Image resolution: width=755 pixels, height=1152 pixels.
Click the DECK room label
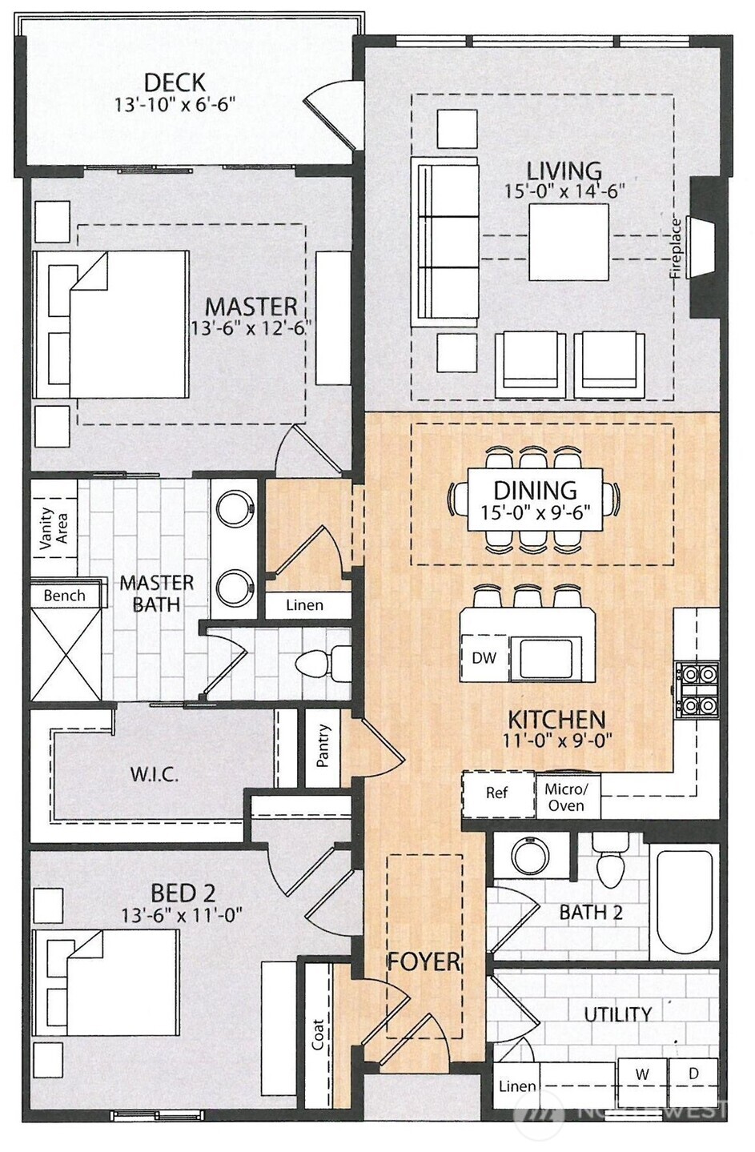point(175,82)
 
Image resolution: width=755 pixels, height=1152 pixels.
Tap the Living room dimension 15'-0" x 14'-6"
point(564,191)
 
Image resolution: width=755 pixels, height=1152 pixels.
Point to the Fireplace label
point(677,247)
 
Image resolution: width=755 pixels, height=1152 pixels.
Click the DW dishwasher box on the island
point(484,658)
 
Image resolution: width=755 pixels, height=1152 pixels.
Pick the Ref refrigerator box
point(497,793)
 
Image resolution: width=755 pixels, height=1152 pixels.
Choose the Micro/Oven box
point(566,797)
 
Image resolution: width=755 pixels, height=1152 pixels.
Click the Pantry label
point(323,746)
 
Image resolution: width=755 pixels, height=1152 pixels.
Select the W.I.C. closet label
point(154,775)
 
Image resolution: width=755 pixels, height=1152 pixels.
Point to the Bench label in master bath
point(64,596)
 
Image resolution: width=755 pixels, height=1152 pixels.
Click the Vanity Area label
point(54,528)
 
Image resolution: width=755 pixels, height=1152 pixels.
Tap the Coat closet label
point(318,1034)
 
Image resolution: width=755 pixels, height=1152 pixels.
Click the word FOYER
point(424,961)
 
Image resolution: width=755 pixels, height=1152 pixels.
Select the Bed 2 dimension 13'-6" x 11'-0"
point(182,914)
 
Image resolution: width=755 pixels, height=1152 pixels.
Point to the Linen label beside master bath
point(304,605)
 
